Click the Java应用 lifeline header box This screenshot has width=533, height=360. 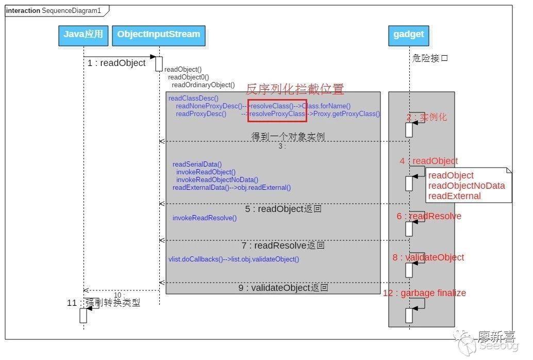(84, 35)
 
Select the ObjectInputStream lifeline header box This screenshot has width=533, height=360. (159, 35)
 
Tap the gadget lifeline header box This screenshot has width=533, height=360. (409, 35)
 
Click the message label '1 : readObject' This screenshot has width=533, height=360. (116, 63)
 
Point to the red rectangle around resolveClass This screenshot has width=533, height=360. (277, 110)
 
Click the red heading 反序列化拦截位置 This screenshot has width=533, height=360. (294, 89)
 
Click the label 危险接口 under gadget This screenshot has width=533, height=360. (430, 58)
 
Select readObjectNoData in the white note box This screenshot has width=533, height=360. (467, 186)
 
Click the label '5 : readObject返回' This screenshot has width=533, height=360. (283, 209)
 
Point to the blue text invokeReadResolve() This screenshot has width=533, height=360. (205, 218)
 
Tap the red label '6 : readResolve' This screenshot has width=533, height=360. (429, 216)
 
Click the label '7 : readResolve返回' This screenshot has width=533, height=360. (283, 246)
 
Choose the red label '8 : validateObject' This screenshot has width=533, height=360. (428, 257)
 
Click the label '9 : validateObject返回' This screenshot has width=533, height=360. (283, 288)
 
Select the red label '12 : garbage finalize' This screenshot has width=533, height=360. (424, 293)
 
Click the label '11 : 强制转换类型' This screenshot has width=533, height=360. (104, 303)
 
